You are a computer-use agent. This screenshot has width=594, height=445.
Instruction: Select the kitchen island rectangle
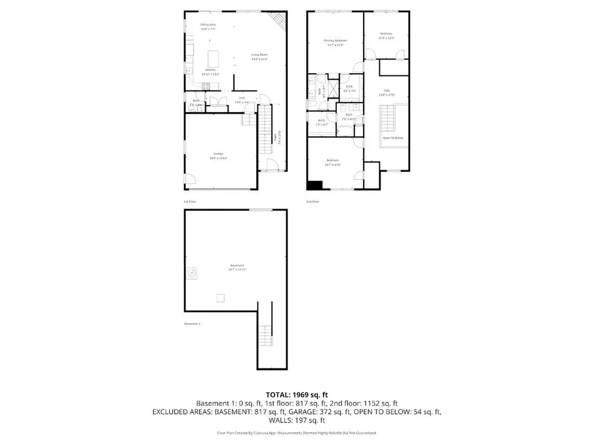click(213, 59)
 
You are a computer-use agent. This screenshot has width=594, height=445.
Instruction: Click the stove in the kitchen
click(205, 87)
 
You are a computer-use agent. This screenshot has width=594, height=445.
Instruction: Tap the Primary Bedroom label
click(335, 42)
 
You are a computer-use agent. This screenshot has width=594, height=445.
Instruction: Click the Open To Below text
click(393, 138)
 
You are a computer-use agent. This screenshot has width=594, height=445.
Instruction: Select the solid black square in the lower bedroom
click(314, 185)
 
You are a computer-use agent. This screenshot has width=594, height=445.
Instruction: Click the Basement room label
click(236, 267)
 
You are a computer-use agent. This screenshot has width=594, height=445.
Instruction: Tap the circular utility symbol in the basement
click(193, 272)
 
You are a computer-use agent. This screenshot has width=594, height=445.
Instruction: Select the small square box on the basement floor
click(220, 298)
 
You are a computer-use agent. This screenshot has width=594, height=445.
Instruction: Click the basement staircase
click(265, 337)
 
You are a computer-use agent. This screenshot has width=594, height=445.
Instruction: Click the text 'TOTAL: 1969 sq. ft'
click(297, 395)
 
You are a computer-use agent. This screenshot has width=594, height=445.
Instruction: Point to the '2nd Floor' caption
click(313, 201)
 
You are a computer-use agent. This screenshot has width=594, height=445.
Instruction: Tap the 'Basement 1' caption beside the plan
click(192, 324)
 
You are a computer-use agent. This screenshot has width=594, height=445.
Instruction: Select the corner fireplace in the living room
click(280, 21)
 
